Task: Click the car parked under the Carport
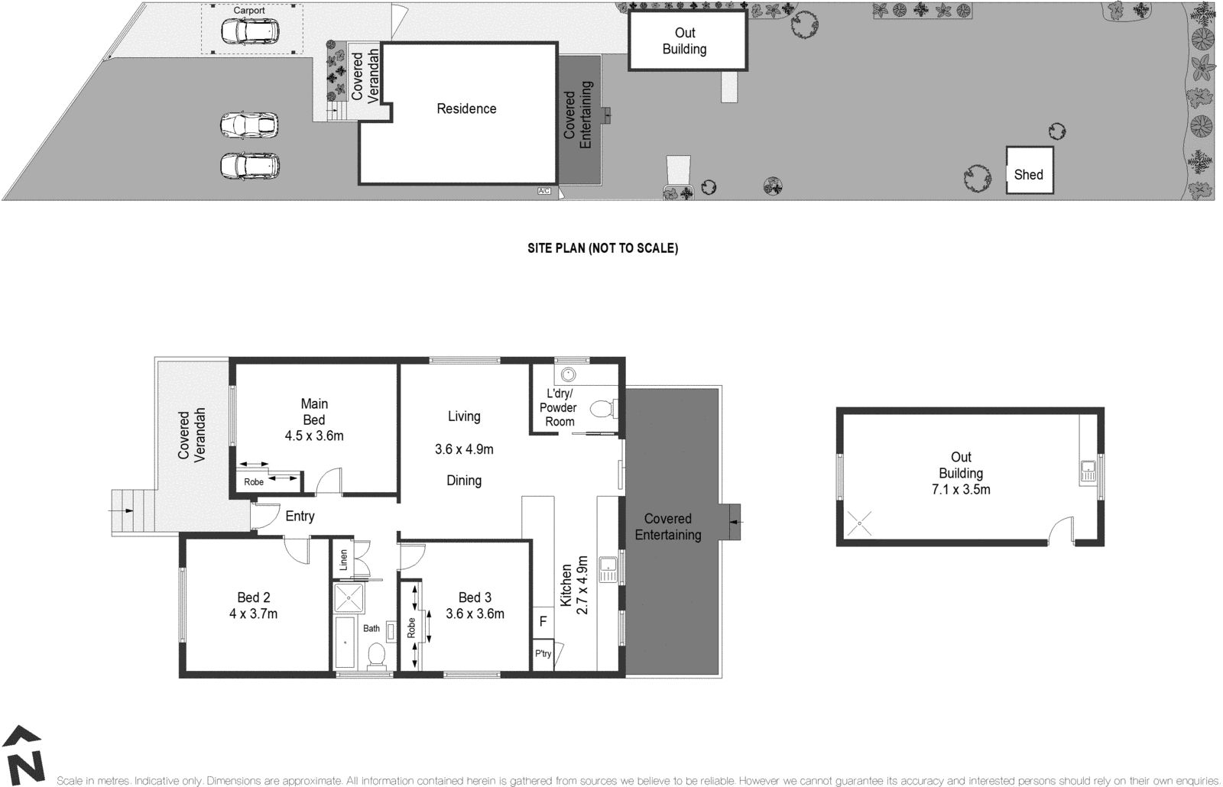(x=251, y=31)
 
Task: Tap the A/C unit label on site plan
(x=543, y=190)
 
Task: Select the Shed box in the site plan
(x=1029, y=170)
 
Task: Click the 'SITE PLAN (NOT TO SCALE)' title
(x=602, y=248)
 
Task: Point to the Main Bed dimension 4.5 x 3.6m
(x=314, y=436)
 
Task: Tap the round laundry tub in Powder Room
(x=568, y=374)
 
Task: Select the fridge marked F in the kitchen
(x=543, y=622)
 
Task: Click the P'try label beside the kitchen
(x=543, y=654)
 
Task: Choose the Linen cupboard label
(x=343, y=559)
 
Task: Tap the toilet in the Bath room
(x=376, y=656)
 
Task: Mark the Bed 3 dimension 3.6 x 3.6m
(x=475, y=614)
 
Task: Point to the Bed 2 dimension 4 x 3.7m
(x=253, y=614)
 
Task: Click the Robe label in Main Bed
(x=254, y=482)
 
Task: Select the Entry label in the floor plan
(x=300, y=517)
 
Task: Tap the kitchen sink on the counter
(x=609, y=566)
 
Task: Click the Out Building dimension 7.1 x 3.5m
(x=961, y=490)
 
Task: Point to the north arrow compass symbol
(x=25, y=756)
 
